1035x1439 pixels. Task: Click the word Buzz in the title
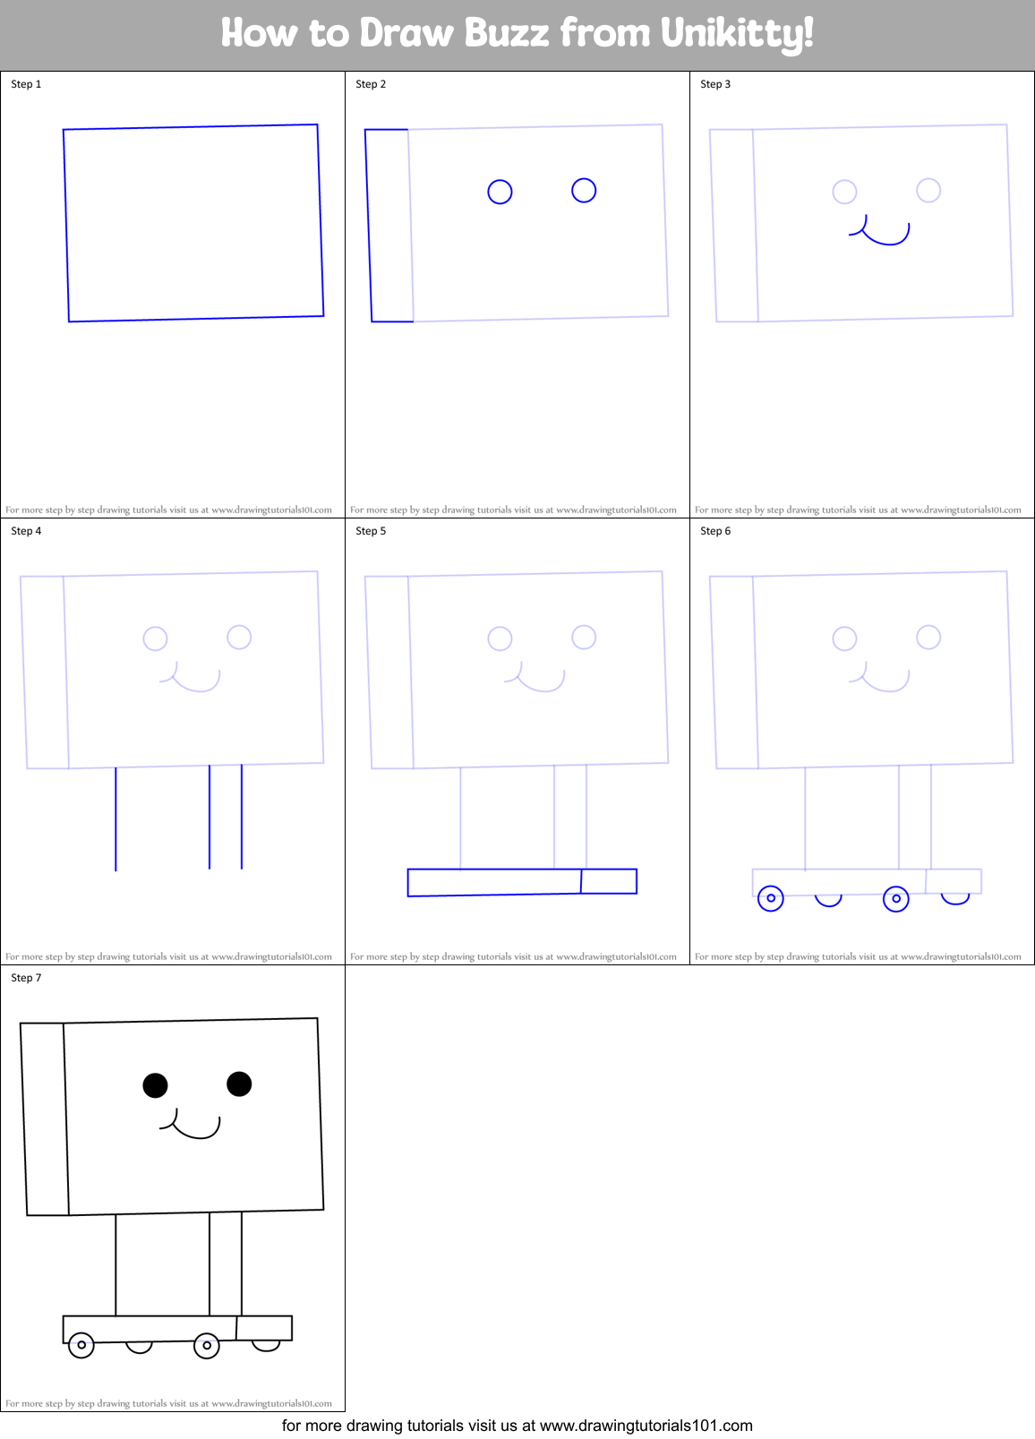point(506,33)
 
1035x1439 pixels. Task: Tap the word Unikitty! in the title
point(737,34)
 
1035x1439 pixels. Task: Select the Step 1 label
point(26,84)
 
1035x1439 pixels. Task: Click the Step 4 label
point(26,531)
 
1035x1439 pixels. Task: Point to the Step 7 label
point(26,978)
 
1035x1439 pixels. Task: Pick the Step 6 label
point(715,531)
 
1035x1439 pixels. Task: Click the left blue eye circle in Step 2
point(500,192)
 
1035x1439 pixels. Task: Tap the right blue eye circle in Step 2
point(584,190)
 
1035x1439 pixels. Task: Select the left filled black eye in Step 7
point(155,1085)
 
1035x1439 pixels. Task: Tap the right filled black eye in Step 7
point(239,1084)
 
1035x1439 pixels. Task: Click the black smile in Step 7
point(193,1131)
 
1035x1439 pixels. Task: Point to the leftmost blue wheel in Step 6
point(771,898)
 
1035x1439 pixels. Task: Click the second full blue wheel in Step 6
point(896,898)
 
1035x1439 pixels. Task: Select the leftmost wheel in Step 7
point(81,1345)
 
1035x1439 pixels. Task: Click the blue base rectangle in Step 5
point(494,882)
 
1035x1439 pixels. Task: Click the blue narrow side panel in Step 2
point(389,226)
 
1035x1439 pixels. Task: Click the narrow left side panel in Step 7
point(45,1119)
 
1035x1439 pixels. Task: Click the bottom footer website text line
point(517,1425)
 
